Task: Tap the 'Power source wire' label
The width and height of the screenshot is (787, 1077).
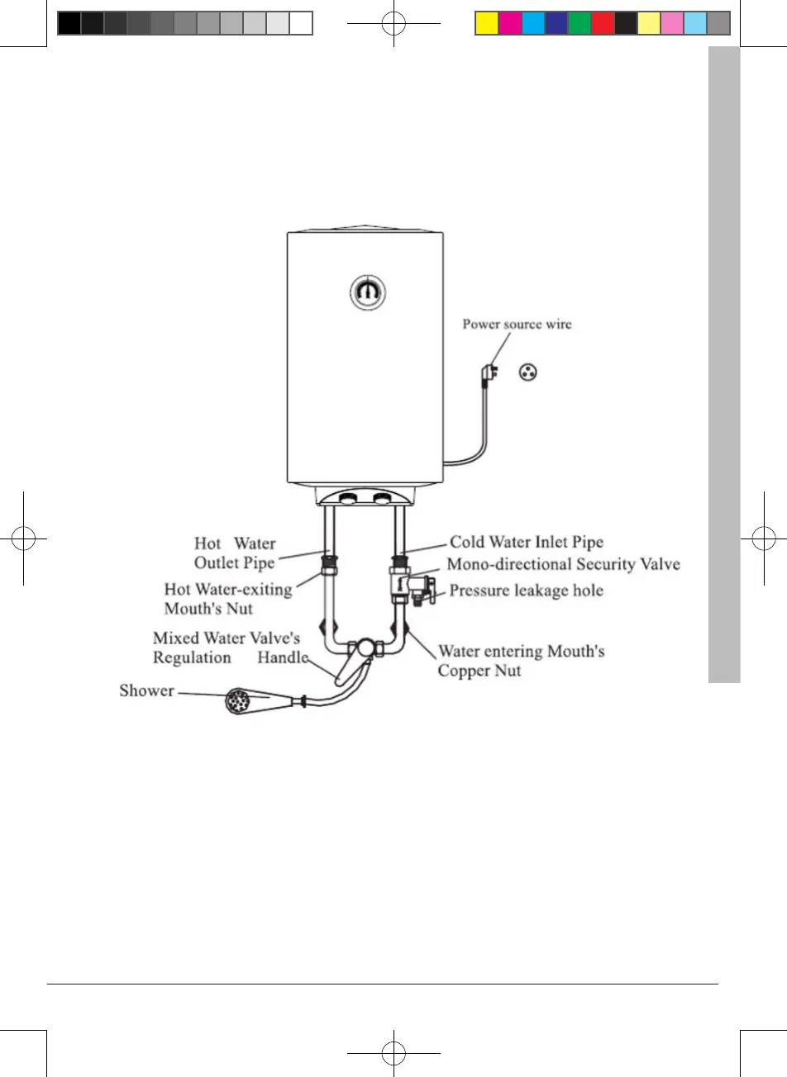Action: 516,325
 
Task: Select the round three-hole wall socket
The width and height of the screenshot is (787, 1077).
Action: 526,372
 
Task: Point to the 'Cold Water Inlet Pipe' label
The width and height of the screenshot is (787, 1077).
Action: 527,543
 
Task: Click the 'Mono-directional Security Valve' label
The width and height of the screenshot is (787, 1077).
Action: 563,565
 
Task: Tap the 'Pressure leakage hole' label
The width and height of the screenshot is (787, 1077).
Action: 526,591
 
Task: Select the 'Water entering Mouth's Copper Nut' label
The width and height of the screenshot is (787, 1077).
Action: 521,661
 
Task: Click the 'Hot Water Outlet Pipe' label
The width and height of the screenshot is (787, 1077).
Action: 235,553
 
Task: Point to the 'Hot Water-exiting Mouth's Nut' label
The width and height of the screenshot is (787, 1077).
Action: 228,599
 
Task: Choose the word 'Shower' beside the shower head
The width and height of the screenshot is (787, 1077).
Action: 146,690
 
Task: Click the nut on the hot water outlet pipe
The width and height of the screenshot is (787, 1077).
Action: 327,569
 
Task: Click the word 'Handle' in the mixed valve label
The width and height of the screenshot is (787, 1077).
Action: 282,658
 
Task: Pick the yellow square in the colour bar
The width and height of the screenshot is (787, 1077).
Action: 487,23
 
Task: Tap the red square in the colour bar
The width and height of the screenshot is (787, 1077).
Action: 603,23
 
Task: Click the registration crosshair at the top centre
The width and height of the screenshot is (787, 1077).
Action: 394,23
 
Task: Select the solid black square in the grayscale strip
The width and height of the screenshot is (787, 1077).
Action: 69,23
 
